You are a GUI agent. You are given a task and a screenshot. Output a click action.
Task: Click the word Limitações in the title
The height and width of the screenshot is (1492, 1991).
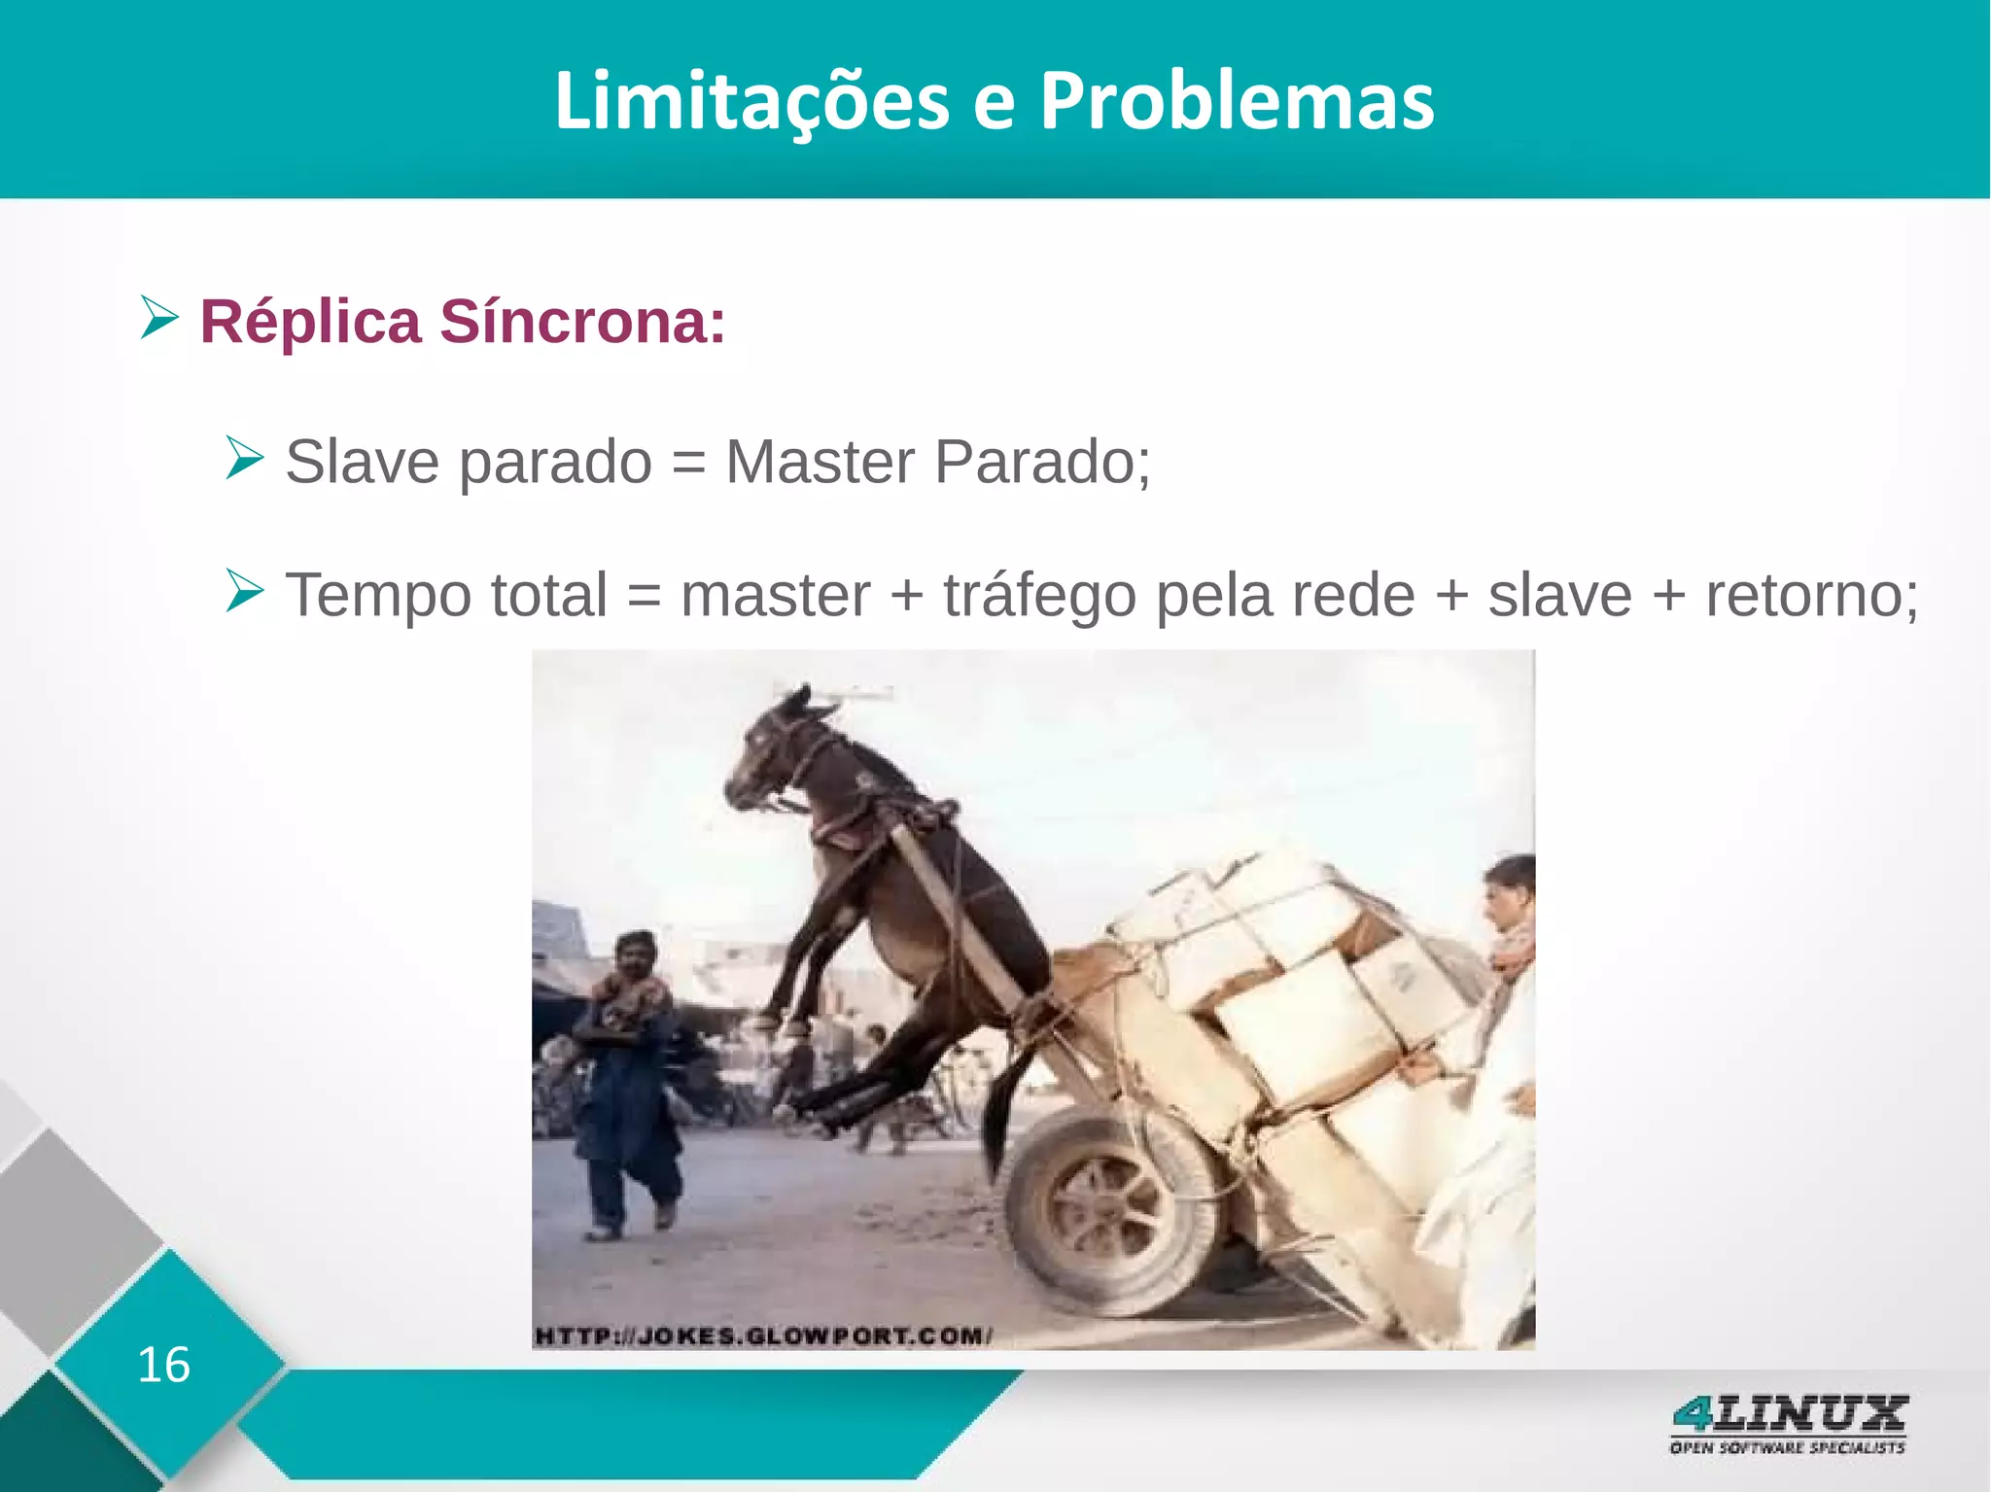(x=751, y=101)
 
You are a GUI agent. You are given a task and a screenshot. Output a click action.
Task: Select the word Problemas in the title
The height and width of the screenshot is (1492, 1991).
(x=1237, y=101)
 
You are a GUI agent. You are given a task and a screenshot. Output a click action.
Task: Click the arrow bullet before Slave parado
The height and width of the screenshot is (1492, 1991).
(x=244, y=458)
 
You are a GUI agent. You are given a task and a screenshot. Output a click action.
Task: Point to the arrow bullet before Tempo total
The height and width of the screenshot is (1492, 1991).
(x=244, y=591)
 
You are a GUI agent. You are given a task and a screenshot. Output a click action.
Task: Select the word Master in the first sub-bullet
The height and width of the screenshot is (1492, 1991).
(x=820, y=461)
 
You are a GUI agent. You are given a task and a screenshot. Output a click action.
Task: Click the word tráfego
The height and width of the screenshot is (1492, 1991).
(x=1039, y=595)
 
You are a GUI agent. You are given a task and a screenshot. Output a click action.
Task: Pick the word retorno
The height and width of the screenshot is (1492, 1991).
(x=1812, y=595)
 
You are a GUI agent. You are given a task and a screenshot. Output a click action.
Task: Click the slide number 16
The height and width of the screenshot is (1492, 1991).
(x=163, y=1365)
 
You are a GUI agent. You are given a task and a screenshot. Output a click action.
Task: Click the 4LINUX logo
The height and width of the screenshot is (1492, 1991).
(x=1789, y=1414)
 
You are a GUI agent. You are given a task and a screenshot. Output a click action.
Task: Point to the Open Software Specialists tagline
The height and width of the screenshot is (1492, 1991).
(x=1787, y=1448)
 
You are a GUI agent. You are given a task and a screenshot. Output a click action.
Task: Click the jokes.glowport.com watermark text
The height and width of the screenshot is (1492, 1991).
(x=763, y=1336)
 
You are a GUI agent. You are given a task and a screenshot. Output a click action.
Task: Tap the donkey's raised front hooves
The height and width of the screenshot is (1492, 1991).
(x=778, y=1021)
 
